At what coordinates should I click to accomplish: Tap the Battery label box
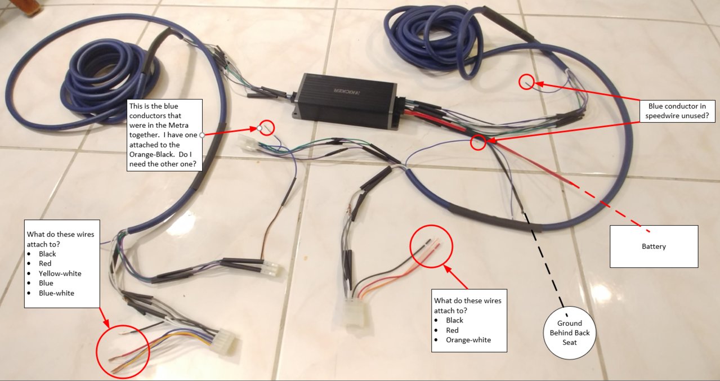(654, 246)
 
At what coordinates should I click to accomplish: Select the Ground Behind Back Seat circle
(569, 333)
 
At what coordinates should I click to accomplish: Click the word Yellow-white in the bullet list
(60, 274)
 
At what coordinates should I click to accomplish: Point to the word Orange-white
(468, 340)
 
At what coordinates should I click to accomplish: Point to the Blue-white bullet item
(56, 293)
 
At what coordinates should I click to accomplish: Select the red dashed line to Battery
(610, 207)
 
